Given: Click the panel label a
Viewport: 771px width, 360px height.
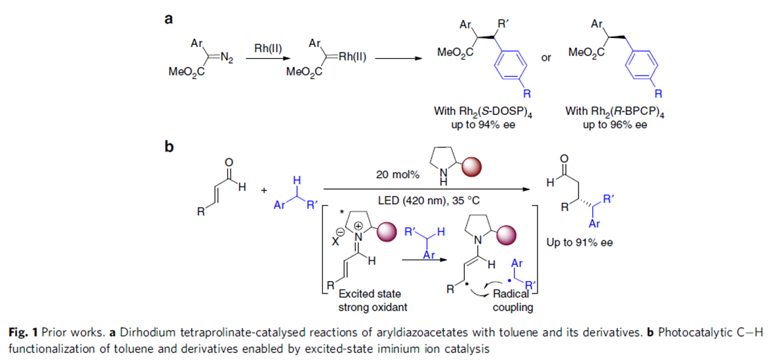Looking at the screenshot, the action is click(x=168, y=20).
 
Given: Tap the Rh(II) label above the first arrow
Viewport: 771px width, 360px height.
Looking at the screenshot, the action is click(x=268, y=48).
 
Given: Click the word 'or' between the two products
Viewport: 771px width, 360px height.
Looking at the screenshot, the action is click(x=545, y=57).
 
